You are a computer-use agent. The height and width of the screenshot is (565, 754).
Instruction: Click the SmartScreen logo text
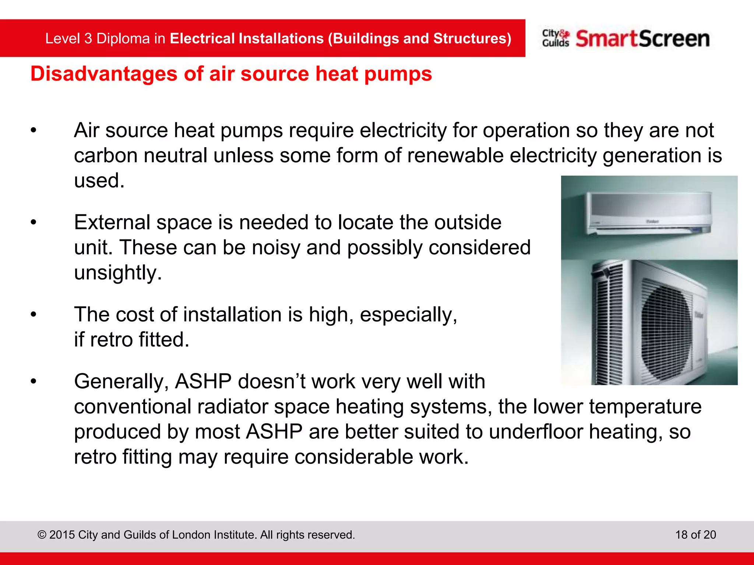[642, 39]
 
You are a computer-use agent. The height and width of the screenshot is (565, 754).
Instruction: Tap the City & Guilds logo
[556, 38]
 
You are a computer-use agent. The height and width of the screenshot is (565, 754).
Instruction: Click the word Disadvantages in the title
[104, 74]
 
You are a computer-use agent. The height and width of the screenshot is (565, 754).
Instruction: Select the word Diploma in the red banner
[123, 39]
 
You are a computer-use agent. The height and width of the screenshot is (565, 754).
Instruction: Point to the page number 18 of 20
[695, 534]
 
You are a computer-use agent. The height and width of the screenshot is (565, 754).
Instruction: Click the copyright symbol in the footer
[42, 535]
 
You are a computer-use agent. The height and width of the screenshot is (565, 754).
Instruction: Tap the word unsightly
[118, 273]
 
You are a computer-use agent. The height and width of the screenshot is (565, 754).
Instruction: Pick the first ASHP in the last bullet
[203, 381]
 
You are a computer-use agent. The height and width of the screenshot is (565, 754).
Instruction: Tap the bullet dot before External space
[34, 223]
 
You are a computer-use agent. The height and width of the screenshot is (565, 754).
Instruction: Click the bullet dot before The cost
[34, 315]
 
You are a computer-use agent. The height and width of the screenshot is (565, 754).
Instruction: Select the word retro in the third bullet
[111, 340]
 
